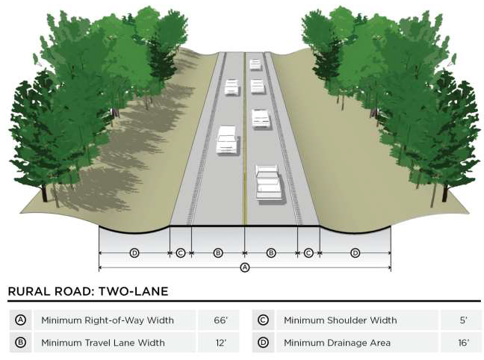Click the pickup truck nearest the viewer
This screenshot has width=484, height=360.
click(x=268, y=182)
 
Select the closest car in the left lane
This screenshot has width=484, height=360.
click(x=226, y=140)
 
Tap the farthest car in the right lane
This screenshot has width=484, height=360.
click(x=255, y=63)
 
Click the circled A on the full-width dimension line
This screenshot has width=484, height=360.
click(x=244, y=267)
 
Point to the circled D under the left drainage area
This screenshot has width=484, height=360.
click(x=134, y=253)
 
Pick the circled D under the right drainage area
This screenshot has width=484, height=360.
click(x=355, y=253)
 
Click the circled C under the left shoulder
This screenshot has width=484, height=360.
click(x=180, y=253)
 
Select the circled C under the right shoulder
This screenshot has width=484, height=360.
click(x=308, y=253)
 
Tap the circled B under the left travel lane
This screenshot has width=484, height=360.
click(x=217, y=253)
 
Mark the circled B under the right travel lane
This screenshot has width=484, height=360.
click(x=271, y=253)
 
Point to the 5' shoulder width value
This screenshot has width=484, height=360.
click(x=463, y=320)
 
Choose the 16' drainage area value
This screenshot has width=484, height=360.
click(x=463, y=343)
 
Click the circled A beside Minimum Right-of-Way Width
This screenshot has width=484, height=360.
click(x=21, y=320)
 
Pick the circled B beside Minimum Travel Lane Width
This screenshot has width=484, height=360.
click(x=21, y=343)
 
